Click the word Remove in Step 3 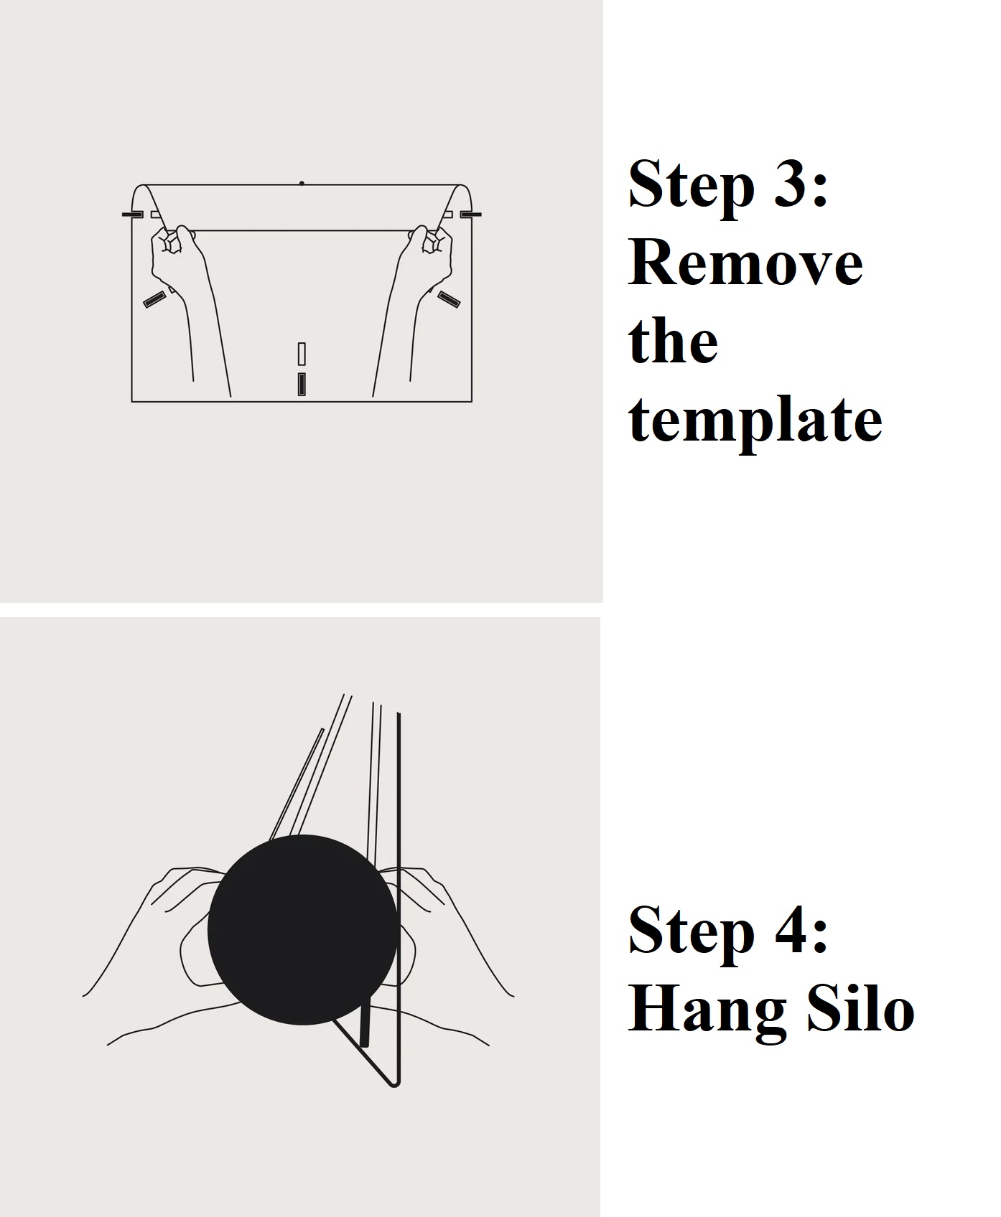point(745,263)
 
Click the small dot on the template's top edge point(302,184)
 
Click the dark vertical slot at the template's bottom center point(302,385)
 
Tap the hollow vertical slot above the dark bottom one point(302,353)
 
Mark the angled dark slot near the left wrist point(154,300)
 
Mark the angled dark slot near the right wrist point(450,299)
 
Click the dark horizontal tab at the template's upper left point(132,215)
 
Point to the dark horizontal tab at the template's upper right point(470,215)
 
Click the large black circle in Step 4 point(302,929)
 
